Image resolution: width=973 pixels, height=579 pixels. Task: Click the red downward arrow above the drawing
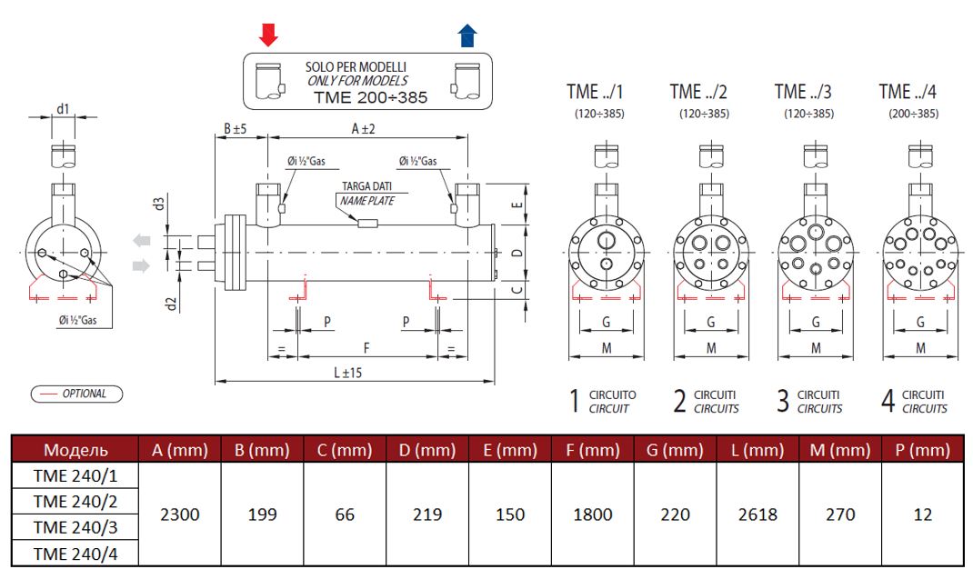268,35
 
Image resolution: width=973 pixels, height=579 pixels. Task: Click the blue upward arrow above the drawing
467,35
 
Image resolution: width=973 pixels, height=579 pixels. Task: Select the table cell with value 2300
180,514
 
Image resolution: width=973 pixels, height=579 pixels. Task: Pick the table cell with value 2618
757,514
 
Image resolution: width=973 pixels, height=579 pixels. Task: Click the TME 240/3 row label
75,527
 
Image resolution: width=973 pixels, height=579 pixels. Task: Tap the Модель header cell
75,450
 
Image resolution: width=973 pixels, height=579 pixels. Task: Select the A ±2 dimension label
364,129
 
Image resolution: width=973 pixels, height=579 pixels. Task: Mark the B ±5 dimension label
236,129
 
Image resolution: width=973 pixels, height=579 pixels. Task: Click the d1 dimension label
63,109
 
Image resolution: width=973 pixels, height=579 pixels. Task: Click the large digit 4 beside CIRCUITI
888,401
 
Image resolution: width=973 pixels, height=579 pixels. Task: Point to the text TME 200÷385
370,96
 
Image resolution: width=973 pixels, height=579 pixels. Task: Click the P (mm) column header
922,450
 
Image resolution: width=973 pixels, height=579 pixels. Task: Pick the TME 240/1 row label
75,475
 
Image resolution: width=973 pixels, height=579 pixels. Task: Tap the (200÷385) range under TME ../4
914,114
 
